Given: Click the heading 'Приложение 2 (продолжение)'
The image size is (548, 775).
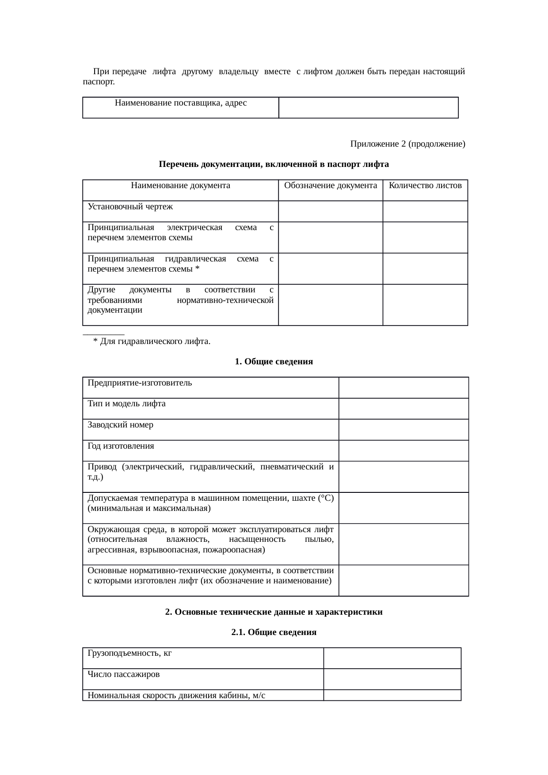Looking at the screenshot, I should pyautogui.click(x=407, y=144).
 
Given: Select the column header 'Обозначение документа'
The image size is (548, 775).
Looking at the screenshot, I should pyautogui.click(x=331, y=185).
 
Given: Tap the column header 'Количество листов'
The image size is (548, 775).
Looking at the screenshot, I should pyautogui.click(x=425, y=185).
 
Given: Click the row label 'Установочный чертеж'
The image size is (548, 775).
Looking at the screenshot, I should pyautogui.click(x=130, y=207).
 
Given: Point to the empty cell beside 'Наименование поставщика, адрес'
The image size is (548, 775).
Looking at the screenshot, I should pyautogui.click(x=369, y=107).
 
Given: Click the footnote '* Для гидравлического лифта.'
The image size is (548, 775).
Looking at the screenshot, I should pyautogui.click(x=151, y=341).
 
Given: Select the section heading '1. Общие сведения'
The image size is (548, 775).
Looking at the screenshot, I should pyautogui.click(x=274, y=362).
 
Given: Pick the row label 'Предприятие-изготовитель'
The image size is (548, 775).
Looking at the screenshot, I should pyautogui.click(x=140, y=383).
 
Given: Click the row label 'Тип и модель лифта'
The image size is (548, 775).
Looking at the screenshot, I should pyautogui.click(x=126, y=404).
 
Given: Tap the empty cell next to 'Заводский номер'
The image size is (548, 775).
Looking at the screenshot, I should pyautogui.click(x=403, y=429).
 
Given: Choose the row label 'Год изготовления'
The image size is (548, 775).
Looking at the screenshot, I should pyautogui.click(x=121, y=446).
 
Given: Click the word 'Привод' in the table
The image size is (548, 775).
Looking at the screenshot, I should pyautogui.click(x=102, y=467).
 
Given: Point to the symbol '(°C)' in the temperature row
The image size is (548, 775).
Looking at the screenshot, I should pyautogui.click(x=326, y=498).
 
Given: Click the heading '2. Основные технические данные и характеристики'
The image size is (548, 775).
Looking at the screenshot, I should pyautogui.click(x=274, y=612).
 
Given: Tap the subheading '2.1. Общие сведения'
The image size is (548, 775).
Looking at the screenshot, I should pyautogui.click(x=274, y=632).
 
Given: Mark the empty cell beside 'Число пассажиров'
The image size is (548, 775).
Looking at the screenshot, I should pyautogui.click(x=392, y=679).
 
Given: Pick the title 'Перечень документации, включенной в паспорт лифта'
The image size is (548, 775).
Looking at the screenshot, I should pyautogui.click(x=274, y=164).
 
